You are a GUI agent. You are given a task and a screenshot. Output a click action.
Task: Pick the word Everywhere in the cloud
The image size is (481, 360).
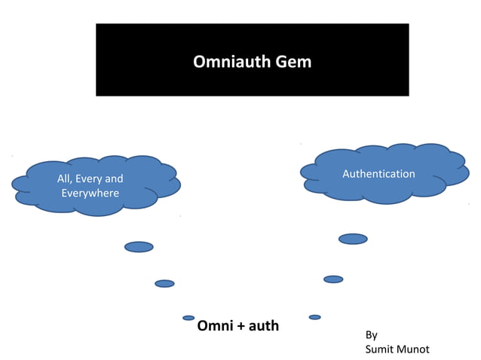[x=90, y=194]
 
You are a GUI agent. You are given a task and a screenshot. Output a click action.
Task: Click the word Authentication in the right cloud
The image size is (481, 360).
[x=378, y=174]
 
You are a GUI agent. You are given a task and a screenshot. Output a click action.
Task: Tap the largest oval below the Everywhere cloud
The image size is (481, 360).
[x=139, y=247]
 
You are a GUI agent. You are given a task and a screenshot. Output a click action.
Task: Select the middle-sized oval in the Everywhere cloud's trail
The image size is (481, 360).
[x=164, y=284]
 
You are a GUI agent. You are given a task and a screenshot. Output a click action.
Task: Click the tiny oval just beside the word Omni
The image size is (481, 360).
[x=188, y=318]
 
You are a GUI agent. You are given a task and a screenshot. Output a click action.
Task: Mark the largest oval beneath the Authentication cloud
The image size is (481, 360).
[x=353, y=239]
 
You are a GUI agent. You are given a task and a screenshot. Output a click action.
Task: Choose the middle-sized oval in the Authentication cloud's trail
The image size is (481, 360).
[x=333, y=279]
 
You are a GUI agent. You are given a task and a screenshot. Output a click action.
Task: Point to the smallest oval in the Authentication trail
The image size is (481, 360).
[x=314, y=317]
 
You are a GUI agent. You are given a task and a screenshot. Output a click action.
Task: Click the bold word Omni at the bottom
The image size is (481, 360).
[x=215, y=327]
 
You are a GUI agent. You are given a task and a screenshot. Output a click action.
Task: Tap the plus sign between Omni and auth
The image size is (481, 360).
[x=241, y=327]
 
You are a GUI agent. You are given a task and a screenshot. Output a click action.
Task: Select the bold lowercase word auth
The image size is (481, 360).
[x=264, y=327]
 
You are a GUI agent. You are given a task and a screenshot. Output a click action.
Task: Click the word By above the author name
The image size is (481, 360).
[x=371, y=335]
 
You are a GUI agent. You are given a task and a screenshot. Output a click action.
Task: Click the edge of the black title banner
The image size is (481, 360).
[x=97, y=60]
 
